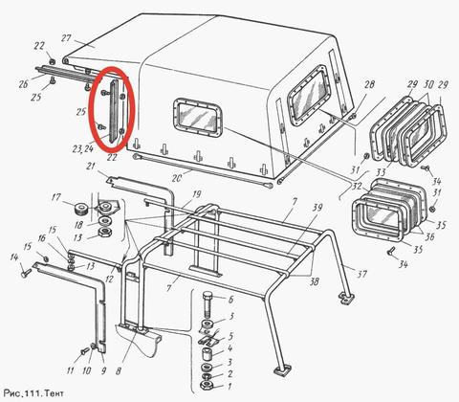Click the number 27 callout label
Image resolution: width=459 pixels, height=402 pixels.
point(67,38)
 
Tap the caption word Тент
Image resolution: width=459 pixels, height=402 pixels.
point(54,392)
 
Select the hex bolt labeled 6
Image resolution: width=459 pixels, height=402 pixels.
point(208,303)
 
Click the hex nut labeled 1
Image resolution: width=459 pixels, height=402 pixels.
point(207,385)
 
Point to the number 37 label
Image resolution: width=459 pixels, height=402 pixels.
point(361,274)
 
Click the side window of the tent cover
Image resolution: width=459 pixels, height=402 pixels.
point(198,117)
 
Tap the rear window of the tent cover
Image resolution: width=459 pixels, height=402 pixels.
point(309,96)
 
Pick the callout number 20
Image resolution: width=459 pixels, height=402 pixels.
point(177,178)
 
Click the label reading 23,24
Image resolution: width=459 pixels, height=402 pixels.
point(82,148)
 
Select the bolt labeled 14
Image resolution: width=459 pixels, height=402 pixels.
point(26,273)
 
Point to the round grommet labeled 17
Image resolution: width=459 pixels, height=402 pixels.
point(80,210)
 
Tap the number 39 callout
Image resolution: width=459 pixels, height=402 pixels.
point(317,208)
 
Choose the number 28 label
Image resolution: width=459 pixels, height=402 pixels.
point(369,85)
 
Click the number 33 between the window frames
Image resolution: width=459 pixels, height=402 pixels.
point(381,172)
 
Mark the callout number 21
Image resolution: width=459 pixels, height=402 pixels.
point(92,167)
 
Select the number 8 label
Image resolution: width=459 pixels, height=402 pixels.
point(119,371)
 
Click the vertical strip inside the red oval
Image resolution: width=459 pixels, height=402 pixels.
point(114,111)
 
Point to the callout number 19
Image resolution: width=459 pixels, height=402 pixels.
point(197,193)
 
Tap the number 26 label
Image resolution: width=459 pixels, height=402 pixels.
point(24,84)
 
